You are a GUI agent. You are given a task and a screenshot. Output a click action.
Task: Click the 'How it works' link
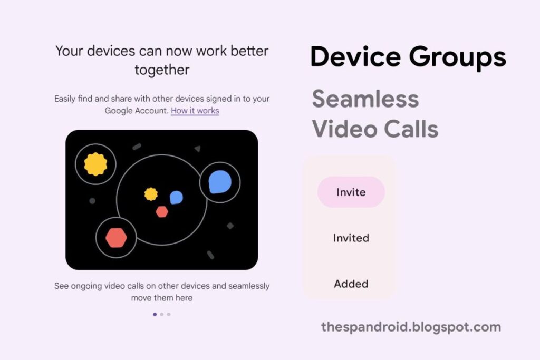195,111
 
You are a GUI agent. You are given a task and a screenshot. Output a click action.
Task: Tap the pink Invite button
351,192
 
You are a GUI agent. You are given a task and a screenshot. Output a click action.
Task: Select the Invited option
351,238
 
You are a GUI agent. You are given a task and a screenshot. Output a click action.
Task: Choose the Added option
351,284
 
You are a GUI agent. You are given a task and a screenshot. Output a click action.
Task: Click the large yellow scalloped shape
95,164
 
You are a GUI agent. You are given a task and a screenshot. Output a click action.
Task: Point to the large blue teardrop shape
220,182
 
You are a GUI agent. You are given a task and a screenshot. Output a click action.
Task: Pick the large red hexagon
116,238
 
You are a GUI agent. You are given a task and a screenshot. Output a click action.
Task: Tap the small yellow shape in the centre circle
151,194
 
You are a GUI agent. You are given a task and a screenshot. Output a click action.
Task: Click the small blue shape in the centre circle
176,198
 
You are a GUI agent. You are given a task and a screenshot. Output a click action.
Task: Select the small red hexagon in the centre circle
162,212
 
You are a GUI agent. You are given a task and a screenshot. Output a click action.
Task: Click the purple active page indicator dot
155,314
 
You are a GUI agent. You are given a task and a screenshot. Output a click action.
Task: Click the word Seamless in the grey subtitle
365,99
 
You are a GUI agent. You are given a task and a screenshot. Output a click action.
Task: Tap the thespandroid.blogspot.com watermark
411,327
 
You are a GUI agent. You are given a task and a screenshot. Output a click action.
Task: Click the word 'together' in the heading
162,70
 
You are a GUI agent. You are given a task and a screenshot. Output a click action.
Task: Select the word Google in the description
118,111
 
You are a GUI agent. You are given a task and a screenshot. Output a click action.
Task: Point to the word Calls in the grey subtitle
411,129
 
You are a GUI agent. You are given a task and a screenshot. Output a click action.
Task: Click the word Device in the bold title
355,56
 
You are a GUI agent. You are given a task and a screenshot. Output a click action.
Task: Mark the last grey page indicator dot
169,314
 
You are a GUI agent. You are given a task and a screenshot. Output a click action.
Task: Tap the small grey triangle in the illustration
197,148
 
